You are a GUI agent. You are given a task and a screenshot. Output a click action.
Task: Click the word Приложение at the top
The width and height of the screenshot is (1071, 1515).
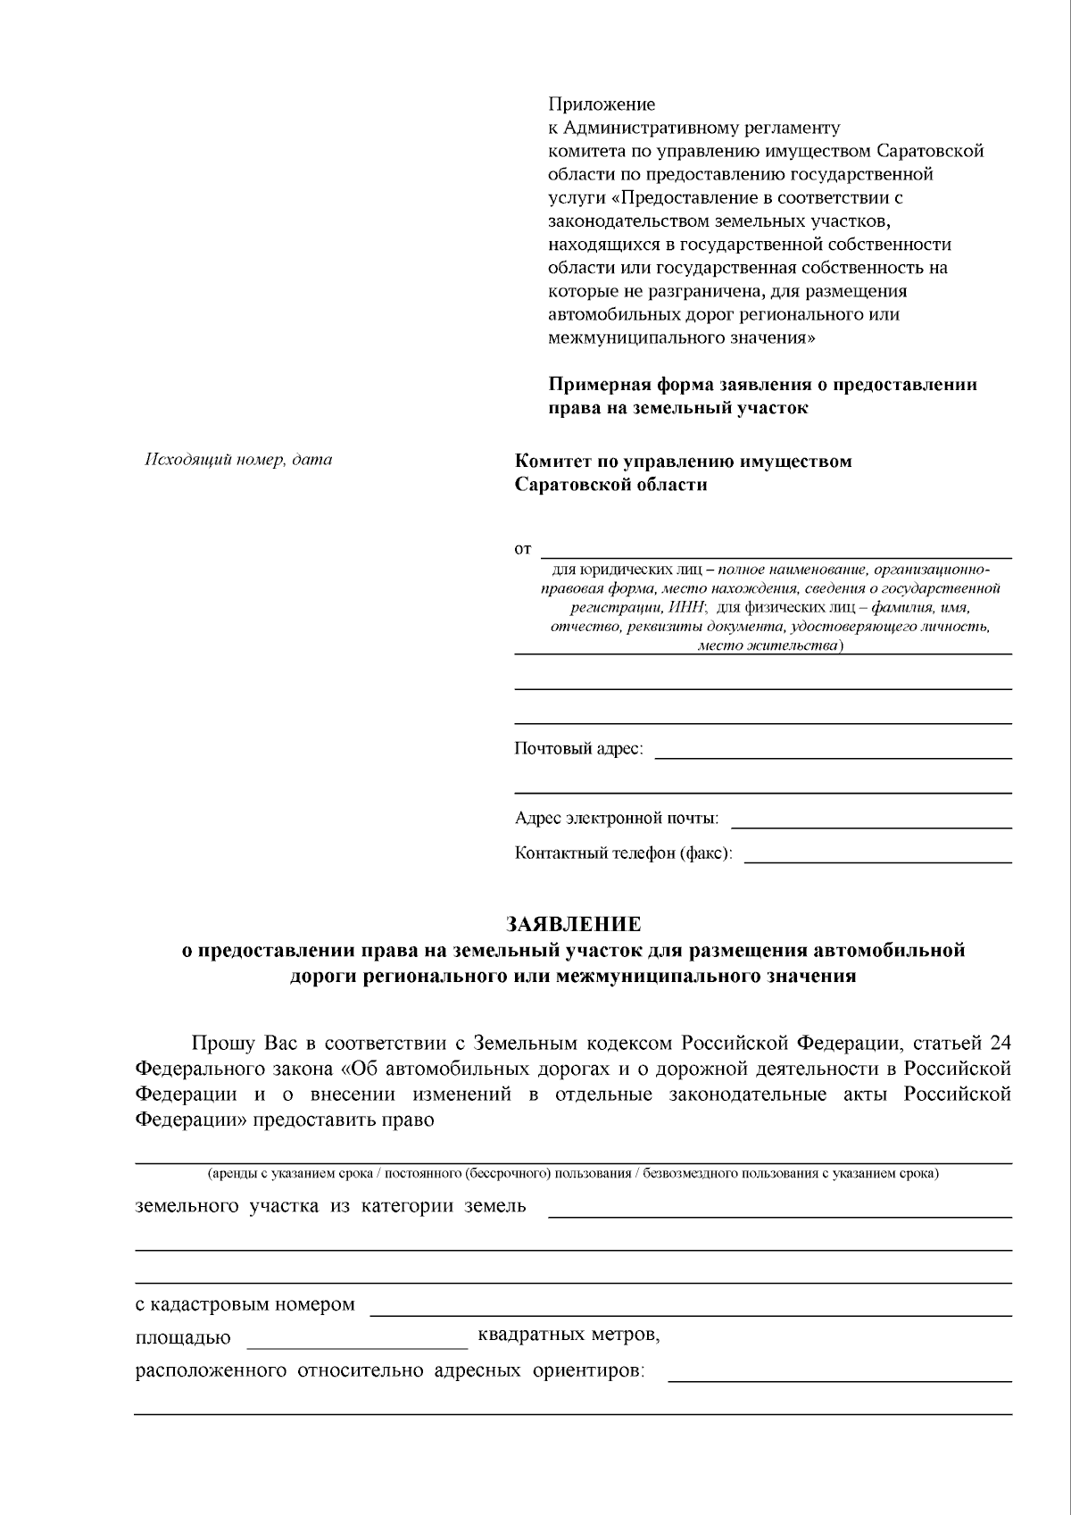602,104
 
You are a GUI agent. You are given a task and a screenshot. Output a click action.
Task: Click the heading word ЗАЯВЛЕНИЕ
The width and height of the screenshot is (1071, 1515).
573,923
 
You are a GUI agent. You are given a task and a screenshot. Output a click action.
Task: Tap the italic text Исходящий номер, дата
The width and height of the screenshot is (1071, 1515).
238,460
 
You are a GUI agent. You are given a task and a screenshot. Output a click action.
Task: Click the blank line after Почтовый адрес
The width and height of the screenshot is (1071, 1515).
833,754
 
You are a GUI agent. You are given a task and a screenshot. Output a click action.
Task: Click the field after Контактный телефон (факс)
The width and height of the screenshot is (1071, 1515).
877,859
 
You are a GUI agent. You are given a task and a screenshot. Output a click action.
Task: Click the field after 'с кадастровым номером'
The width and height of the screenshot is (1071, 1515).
690,1311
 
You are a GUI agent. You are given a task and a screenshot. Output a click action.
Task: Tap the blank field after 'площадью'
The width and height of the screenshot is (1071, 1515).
355,1344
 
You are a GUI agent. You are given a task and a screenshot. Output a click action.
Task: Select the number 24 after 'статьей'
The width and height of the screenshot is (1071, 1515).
1000,1043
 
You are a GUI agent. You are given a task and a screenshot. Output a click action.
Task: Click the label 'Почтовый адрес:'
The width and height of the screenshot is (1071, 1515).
578,748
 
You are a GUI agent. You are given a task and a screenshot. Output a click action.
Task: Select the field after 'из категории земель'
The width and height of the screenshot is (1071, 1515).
779,1212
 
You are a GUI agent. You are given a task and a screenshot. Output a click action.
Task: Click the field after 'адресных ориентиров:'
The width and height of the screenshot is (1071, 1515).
839,1378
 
